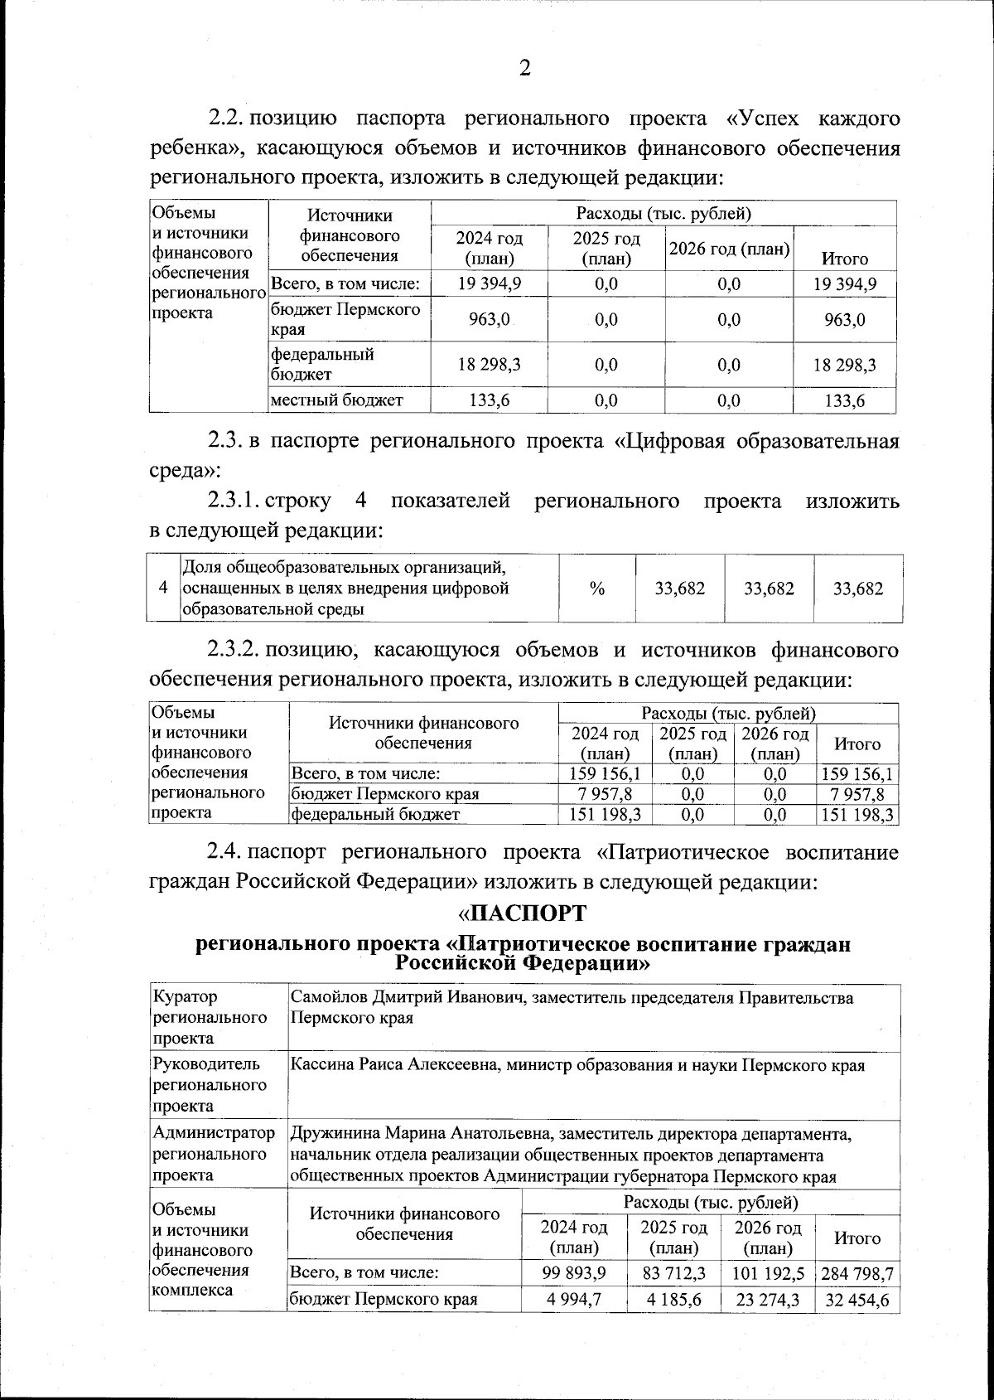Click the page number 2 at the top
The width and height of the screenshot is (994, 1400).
click(x=524, y=69)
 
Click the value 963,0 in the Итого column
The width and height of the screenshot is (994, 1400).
click(x=845, y=320)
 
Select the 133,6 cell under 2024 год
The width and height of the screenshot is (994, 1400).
click(x=489, y=401)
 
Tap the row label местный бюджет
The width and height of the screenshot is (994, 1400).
click(x=337, y=401)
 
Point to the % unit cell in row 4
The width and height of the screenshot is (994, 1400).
click(x=597, y=589)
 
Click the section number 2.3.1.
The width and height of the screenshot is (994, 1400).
click(x=235, y=501)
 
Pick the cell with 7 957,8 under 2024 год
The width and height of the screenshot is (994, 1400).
click(x=605, y=794)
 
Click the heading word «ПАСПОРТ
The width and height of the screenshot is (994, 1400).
click(x=523, y=913)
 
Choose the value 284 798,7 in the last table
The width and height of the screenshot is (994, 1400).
click(x=856, y=1274)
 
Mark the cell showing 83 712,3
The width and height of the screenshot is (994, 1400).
click(x=674, y=1274)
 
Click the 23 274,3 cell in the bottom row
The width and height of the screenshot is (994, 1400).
click(x=767, y=1300)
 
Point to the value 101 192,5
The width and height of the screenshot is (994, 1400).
click(x=767, y=1274)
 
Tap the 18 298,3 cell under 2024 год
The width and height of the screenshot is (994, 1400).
click(x=489, y=365)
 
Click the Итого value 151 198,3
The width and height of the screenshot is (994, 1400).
click(x=856, y=815)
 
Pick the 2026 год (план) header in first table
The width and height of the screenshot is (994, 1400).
click(x=729, y=249)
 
